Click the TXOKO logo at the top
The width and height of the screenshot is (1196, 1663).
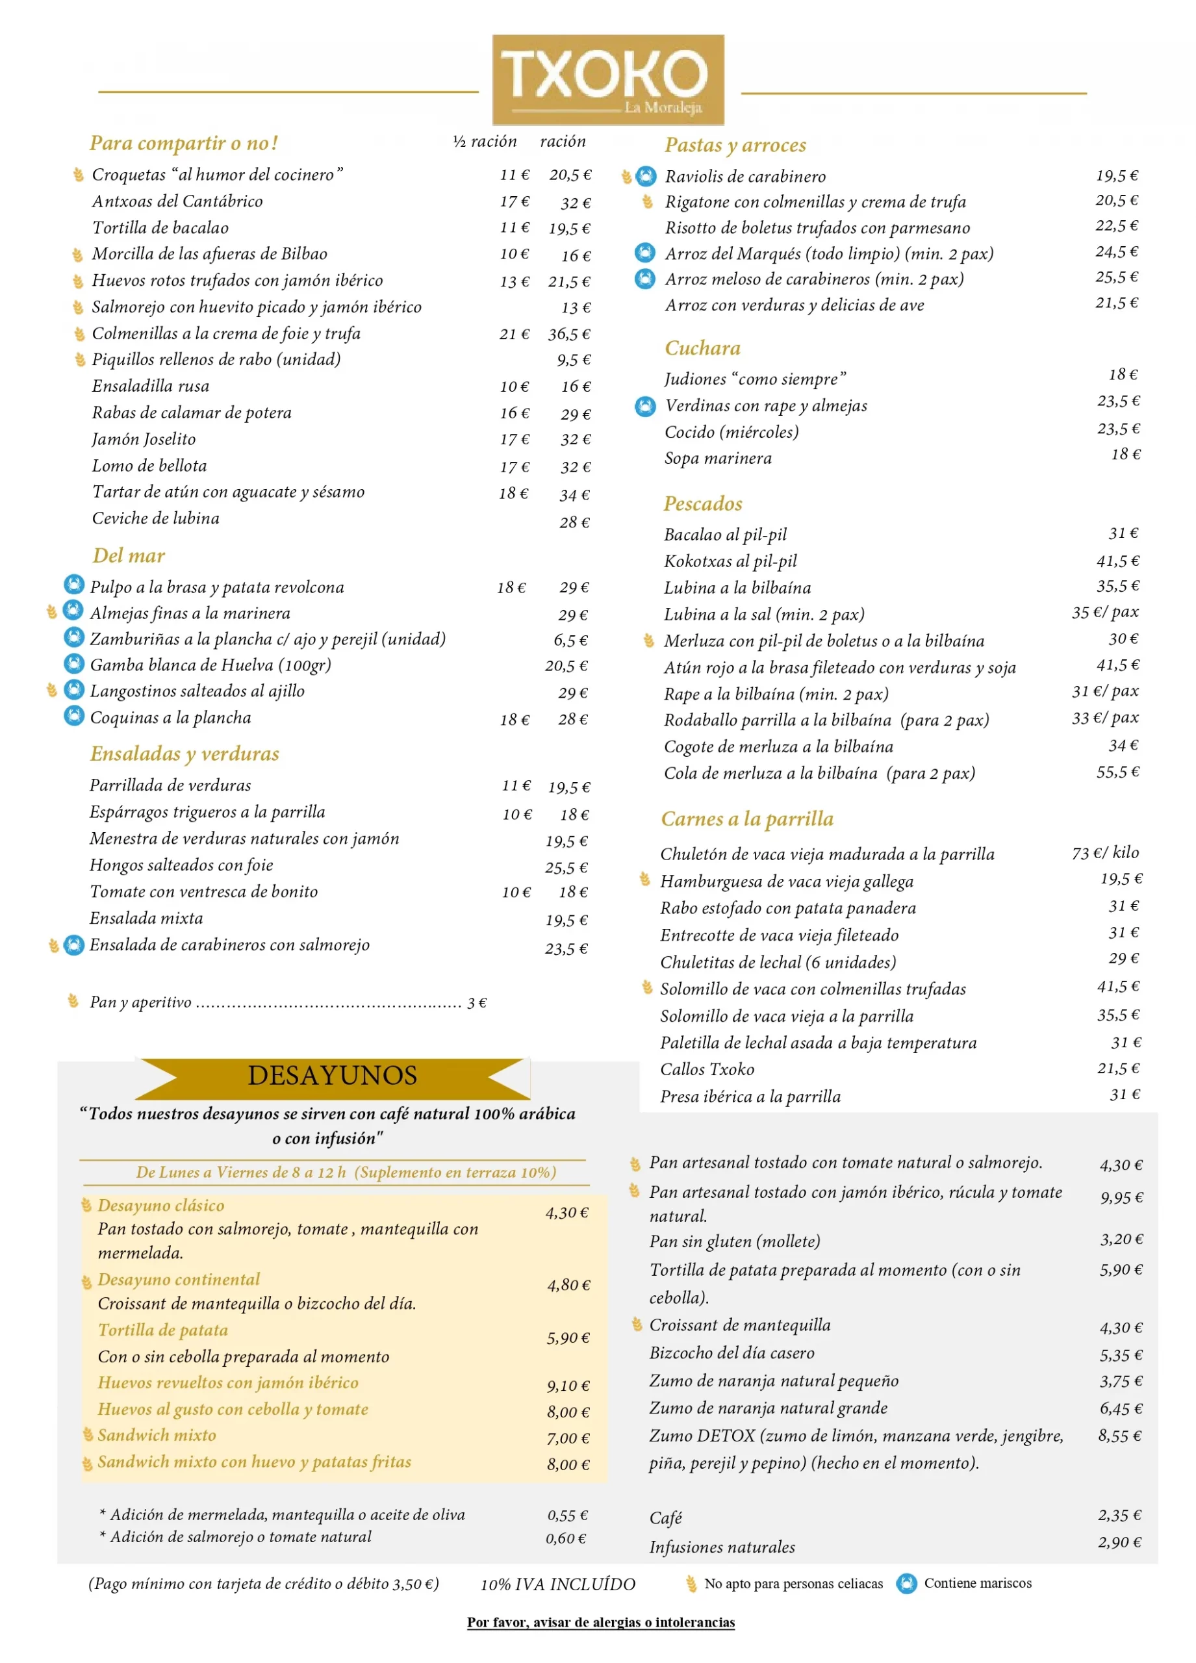point(607,79)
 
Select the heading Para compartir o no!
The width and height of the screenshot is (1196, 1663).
point(183,143)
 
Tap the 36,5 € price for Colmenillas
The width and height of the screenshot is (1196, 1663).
point(569,335)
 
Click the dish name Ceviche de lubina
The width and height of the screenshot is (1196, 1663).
point(155,518)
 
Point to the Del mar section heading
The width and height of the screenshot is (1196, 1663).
point(129,556)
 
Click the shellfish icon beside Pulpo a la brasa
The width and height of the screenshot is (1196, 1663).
point(74,585)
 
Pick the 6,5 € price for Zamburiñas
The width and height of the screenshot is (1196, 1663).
point(570,640)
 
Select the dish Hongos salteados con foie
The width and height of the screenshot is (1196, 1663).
point(181,865)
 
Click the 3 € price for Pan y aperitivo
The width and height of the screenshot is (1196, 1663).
point(477,1002)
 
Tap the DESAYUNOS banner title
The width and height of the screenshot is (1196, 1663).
point(332,1076)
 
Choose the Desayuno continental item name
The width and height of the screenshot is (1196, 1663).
point(179,1280)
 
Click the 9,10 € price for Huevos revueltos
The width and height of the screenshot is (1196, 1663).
point(568,1386)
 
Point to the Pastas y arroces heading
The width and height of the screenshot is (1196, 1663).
point(735,145)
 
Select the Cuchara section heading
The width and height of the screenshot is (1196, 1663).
point(702,348)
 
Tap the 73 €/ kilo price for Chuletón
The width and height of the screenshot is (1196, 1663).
point(1105,852)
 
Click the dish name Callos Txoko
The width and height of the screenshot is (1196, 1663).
point(707,1070)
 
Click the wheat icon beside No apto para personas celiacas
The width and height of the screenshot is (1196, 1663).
point(691,1584)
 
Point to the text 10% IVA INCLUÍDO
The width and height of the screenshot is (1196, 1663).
point(557,1584)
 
